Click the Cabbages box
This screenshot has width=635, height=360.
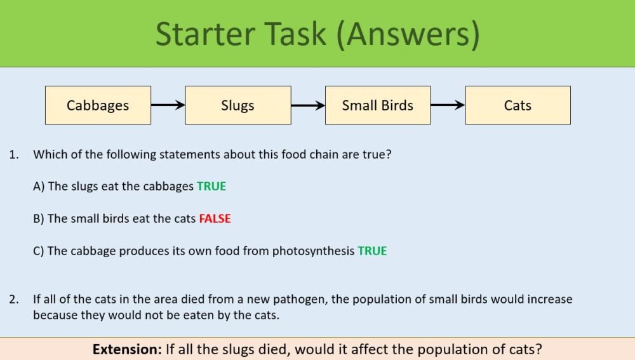click(98, 105)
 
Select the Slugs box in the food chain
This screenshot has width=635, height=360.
click(237, 105)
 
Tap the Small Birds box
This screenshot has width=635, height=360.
click(378, 105)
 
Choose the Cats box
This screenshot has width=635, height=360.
click(518, 105)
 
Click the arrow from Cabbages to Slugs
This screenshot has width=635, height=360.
click(168, 105)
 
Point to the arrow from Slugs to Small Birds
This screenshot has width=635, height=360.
click(308, 105)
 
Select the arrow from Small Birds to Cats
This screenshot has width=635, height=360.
click(448, 105)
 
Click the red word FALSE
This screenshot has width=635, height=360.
click(215, 218)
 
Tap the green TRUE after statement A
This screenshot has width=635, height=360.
click(211, 187)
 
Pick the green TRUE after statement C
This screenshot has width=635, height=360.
click(372, 251)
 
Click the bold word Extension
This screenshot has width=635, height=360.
click(126, 349)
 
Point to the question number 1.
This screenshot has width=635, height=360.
click(13, 154)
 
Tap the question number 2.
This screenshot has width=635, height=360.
click(13, 299)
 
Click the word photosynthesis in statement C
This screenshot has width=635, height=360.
click(313, 251)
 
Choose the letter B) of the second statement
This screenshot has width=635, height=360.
click(39, 218)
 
